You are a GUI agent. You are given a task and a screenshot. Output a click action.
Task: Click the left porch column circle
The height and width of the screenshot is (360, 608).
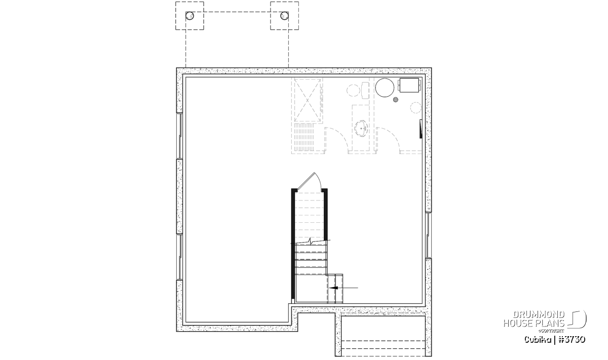[x=189, y=16]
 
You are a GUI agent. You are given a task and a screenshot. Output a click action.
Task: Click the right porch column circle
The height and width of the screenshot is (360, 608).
[x=284, y=16]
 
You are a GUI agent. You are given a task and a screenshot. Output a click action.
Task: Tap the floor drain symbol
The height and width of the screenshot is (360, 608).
[x=396, y=100]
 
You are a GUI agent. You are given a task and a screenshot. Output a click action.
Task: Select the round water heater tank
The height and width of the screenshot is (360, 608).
[x=385, y=88]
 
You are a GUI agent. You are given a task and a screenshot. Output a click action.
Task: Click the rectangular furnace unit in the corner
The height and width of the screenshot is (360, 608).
[x=409, y=85]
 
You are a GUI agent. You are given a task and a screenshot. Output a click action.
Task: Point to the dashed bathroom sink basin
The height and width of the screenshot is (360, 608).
[x=362, y=128]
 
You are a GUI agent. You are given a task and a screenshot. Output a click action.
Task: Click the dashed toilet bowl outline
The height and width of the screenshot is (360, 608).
[x=354, y=90]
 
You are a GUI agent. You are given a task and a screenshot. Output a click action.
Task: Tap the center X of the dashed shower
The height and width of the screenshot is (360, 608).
[x=307, y=100]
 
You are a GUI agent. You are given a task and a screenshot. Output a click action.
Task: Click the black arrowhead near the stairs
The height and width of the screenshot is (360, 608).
[x=333, y=288]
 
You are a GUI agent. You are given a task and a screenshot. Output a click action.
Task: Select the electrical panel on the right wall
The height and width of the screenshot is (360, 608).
[x=421, y=129]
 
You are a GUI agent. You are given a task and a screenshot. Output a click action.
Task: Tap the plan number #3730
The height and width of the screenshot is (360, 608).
[x=572, y=340]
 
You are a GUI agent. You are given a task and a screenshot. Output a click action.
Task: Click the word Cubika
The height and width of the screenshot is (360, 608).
[x=538, y=340]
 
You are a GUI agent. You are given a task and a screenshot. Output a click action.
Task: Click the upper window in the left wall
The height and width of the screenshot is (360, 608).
[x=179, y=136]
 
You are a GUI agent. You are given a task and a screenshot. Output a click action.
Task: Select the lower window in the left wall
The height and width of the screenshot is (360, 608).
[x=179, y=257]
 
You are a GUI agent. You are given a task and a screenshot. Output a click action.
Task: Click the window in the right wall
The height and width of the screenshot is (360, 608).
[x=428, y=235]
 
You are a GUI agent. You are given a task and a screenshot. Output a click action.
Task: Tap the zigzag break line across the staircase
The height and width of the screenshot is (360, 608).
[x=311, y=241]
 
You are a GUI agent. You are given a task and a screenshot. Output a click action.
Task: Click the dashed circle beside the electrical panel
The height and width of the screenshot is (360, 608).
[x=415, y=107]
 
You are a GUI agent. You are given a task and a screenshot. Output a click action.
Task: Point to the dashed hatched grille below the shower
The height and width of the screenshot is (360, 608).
[x=304, y=137]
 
